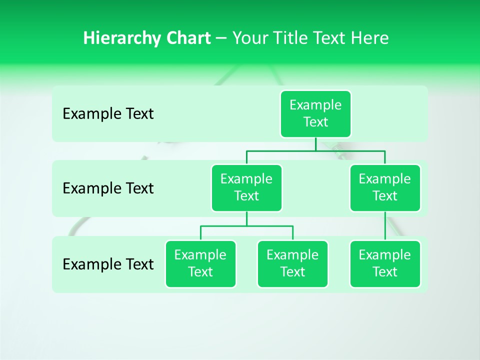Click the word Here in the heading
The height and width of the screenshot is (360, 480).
[x=370, y=38]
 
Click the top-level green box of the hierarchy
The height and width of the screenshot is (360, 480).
[x=315, y=114]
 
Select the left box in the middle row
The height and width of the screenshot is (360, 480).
[x=246, y=188]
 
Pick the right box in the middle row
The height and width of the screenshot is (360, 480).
[x=385, y=188]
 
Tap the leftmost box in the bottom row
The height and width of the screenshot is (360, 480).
[x=200, y=264]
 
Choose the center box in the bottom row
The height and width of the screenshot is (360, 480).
[x=292, y=264]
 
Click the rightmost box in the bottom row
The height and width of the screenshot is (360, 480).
[x=385, y=264]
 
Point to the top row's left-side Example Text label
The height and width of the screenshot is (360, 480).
[x=108, y=114]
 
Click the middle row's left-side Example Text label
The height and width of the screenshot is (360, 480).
[x=108, y=188]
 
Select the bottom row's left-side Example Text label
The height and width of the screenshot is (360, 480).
[x=108, y=264]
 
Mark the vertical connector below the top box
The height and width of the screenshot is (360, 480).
[x=315, y=144]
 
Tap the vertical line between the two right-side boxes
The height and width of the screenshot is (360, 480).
[x=385, y=226]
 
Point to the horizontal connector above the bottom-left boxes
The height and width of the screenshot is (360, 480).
[x=225, y=226]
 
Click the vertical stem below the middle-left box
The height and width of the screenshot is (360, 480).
[x=246, y=218]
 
